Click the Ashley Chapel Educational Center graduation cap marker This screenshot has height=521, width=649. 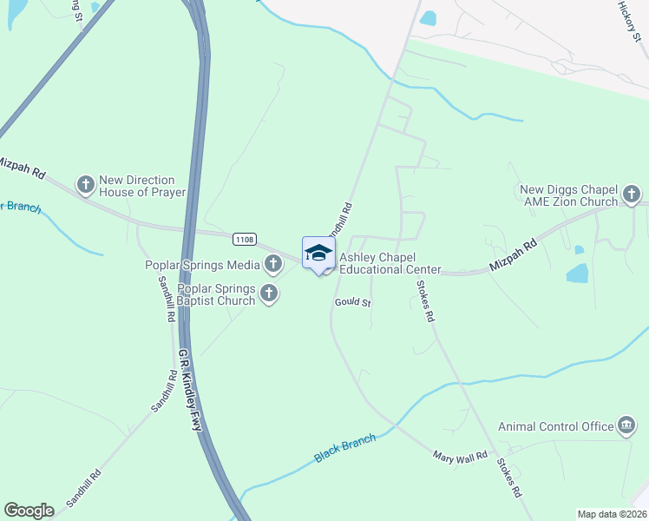click(318, 254)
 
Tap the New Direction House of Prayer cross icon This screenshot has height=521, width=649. click(86, 184)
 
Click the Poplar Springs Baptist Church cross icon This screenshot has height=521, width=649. click(269, 293)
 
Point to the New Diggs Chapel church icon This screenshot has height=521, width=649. click(632, 195)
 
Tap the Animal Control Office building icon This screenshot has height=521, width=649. click(626, 425)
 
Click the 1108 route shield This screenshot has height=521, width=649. click(244, 239)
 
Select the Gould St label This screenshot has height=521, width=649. click(353, 303)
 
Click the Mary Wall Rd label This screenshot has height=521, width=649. click(461, 455)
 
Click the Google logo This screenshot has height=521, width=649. click(29, 510)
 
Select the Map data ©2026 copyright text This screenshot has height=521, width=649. click(612, 513)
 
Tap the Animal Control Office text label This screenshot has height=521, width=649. click(555, 426)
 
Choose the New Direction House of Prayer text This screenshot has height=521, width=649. click(142, 186)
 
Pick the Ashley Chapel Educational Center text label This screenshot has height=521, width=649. click(390, 263)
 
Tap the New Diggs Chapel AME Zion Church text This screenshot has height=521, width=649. click(568, 195)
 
